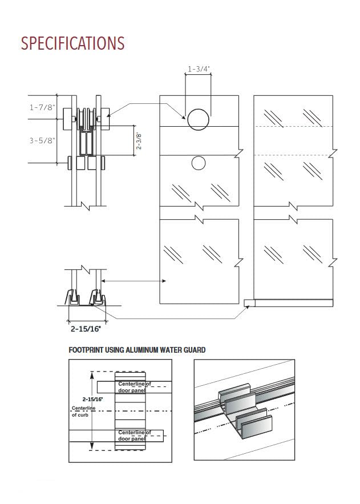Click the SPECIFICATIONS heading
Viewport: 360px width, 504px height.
(x=72, y=43)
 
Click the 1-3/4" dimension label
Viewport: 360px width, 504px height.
(x=199, y=70)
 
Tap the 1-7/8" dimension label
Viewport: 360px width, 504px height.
(x=43, y=107)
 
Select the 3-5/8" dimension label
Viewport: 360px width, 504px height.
(x=43, y=140)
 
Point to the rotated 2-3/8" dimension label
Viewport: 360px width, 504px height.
(x=139, y=140)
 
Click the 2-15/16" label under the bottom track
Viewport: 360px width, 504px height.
(x=86, y=329)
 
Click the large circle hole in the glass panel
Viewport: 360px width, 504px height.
(x=198, y=119)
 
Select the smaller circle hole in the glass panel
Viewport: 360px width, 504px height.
(x=198, y=163)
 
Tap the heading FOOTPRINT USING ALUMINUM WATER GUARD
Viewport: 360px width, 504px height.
(x=137, y=350)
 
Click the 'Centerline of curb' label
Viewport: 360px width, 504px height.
(x=81, y=411)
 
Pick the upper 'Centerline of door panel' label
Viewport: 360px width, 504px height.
(x=135, y=387)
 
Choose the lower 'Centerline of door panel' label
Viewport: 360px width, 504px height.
(x=135, y=436)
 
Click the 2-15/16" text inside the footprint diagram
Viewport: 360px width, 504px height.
(x=92, y=399)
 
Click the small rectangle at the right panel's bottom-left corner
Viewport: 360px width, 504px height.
(x=248, y=302)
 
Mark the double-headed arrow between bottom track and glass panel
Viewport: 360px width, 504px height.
(x=134, y=281)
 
